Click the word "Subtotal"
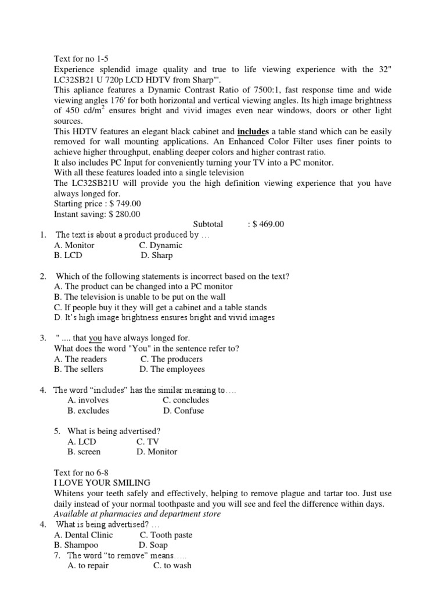point(207,224)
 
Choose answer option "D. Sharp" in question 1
point(156,255)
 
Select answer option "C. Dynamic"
point(161,245)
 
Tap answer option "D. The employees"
point(172,369)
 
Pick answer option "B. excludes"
point(88,410)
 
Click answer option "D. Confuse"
point(184,410)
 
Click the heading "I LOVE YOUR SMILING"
point(102,483)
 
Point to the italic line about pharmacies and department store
point(137,514)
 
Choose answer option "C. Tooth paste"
point(166,535)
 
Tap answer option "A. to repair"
point(88,565)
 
